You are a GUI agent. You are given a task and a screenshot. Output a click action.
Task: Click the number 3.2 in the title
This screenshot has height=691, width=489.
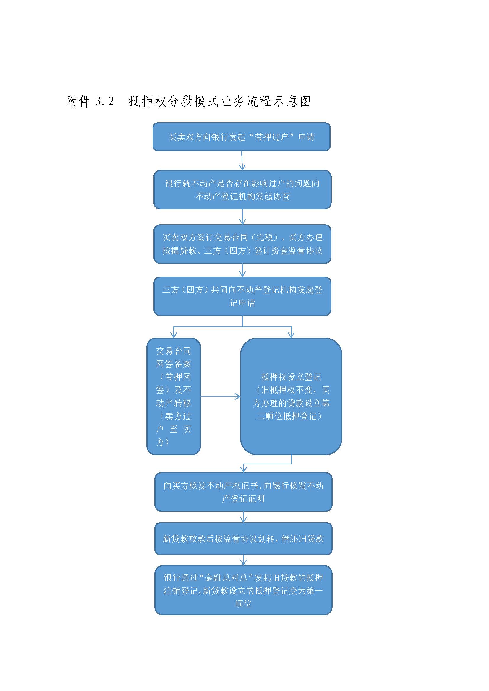click(104, 101)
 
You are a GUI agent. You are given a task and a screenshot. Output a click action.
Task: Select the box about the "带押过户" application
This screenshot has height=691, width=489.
click(242, 137)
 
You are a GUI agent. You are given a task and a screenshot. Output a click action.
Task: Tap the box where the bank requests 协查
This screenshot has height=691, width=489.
click(242, 190)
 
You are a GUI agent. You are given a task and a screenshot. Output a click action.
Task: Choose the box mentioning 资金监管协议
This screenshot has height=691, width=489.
click(242, 244)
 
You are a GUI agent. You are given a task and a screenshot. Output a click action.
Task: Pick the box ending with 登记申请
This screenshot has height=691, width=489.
click(242, 296)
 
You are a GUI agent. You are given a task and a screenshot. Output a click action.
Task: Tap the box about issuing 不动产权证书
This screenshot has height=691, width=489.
click(243, 492)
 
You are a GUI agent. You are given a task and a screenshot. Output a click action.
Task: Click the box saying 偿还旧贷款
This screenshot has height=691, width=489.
click(243, 539)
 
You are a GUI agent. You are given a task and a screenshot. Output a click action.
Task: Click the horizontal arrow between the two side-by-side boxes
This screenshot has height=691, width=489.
click(221, 396)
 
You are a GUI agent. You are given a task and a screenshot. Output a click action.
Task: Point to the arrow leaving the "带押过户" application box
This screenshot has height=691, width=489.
click(242, 160)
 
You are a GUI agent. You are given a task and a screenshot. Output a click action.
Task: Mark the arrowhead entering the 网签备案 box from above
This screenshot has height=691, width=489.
click(174, 335)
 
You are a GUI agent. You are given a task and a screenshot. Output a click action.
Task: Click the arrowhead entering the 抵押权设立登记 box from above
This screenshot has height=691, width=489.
click(291, 335)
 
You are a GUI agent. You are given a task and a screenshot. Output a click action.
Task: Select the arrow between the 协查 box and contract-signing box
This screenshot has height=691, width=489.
click(242, 217)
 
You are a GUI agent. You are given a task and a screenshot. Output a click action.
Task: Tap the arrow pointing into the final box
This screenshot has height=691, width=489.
click(244, 560)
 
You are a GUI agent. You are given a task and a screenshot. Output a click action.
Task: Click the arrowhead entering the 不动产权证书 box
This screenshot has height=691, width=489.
click(244, 469)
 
